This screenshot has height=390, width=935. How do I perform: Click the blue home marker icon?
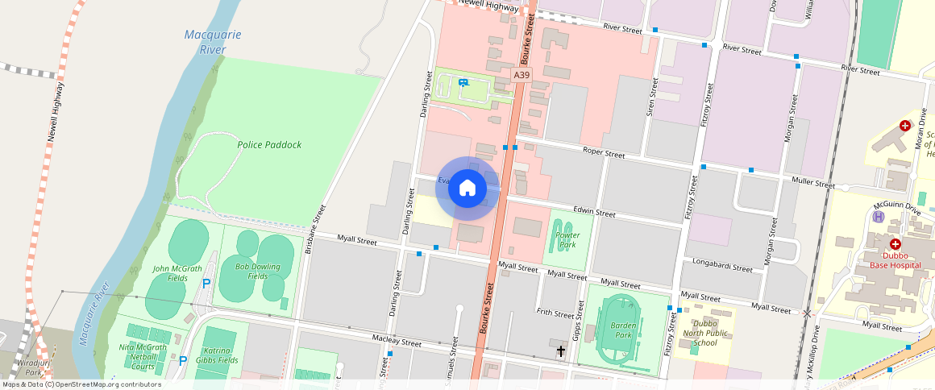(x=467, y=189)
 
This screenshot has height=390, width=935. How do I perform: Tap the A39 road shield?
(x=522, y=75)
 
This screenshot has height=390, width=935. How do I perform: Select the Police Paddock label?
(x=269, y=145)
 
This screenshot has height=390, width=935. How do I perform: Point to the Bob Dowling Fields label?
(x=258, y=271)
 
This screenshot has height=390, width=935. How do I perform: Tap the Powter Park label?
(x=567, y=239)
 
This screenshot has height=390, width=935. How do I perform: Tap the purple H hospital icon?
(x=879, y=216)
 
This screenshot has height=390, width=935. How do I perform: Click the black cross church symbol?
(x=561, y=351)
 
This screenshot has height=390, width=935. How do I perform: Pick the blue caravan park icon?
(x=463, y=82)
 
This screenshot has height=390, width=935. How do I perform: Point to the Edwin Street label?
(x=594, y=213)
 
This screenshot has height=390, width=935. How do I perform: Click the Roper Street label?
(x=604, y=153)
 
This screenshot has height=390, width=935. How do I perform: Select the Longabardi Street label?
(x=721, y=267)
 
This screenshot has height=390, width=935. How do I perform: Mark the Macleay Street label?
(x=397, y=342)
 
